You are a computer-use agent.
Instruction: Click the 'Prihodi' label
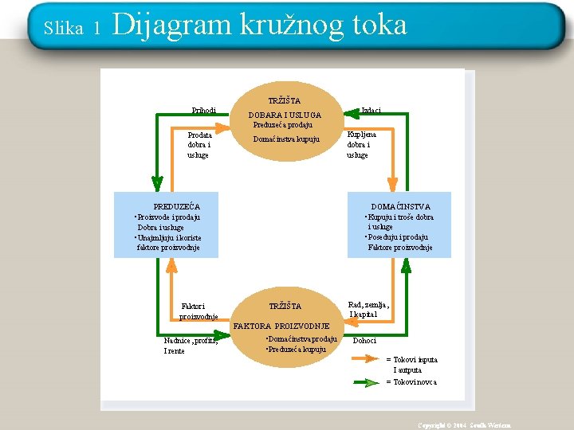coord(204,110)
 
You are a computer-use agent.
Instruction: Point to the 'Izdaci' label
coord(371,110)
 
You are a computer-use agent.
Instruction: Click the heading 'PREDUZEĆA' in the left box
coord(176,207)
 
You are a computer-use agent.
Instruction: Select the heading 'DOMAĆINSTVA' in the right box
coord(400,207)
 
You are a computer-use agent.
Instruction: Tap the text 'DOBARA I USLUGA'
coord(285,115)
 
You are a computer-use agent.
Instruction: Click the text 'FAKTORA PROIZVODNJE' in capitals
coord(281,326)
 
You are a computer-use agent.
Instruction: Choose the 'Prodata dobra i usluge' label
coord(199,145)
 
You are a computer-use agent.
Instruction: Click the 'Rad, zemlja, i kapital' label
coord(368,309)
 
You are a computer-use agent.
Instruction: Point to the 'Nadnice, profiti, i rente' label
coord(191,346)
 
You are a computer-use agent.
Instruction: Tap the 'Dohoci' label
coord(364,341)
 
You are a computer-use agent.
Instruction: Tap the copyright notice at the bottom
coord(465,425)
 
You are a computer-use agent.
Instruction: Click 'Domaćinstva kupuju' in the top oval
coord(285,139)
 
